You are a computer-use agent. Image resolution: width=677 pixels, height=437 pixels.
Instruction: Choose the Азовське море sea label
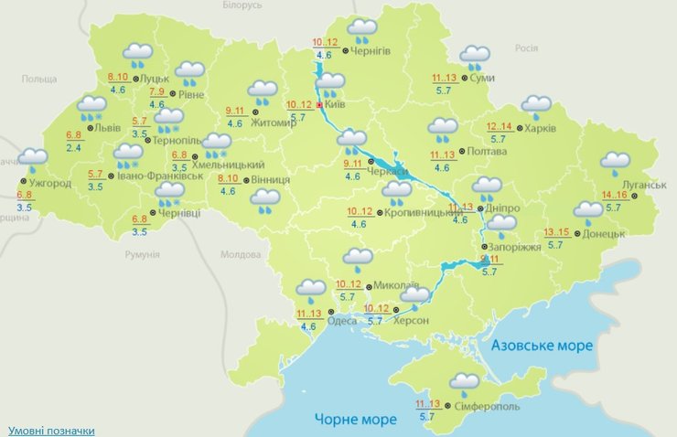tap(542, 346)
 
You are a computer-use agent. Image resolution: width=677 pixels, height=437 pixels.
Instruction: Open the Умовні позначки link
tap(51, 430)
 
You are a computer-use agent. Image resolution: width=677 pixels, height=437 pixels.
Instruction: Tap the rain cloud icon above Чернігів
tap(362, 30)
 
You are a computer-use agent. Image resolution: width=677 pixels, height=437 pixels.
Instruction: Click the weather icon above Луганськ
tap(615, 164)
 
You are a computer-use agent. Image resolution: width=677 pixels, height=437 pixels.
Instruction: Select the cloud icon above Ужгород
tap(33, 160)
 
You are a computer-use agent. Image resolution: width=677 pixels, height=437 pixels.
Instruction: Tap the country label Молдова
tap(242, 255)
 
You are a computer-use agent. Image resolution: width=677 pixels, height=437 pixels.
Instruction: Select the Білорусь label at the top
tap(242, 5)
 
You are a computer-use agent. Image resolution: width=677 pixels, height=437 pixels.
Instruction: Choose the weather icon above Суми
tap(475, 57)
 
